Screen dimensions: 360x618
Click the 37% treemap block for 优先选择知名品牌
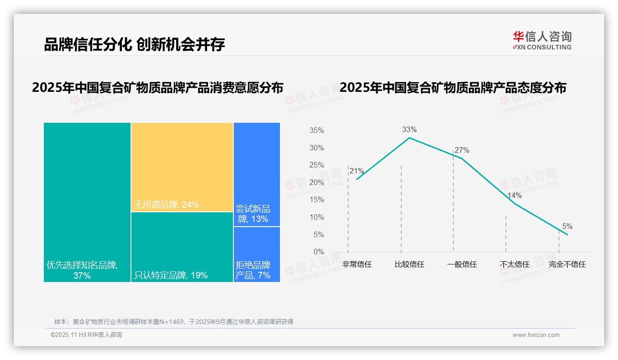click(87, 202)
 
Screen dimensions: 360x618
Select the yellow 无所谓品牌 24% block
click(182, 167)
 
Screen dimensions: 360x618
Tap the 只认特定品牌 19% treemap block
click(182, 247)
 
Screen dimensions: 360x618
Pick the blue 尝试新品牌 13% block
click(256, 174)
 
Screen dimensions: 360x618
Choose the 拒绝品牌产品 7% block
click(256, 254)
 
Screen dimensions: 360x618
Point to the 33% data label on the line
click(409, 130)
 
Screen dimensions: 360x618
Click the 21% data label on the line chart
click(357, 171)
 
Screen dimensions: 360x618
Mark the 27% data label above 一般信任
click(462, 150)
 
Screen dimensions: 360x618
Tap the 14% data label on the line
click(514, 196)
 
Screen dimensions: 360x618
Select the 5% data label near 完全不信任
click(567, 227)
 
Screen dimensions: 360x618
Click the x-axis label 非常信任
click(357, 264)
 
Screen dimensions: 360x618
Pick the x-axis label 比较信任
click(409, 264)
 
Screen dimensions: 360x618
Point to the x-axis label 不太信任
click(514, 264)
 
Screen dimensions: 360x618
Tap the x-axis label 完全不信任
click(567, 264)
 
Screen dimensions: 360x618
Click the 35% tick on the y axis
click(316, 131)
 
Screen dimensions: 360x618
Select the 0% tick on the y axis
click(319, 252)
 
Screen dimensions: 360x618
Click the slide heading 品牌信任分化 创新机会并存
click(134, 45)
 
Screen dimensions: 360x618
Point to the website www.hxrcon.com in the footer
click(536, 335)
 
